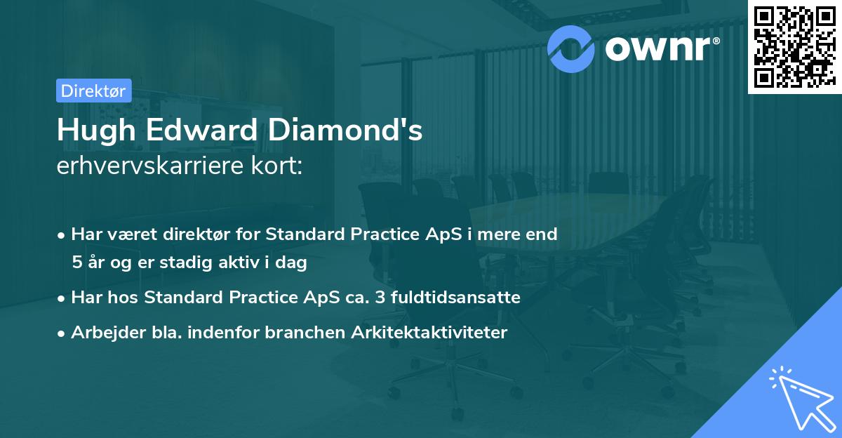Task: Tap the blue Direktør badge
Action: tap(93, 91)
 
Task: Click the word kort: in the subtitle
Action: tap(278, 168)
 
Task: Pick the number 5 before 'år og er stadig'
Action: tap(76, 263)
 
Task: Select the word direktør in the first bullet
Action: tap(194, 234)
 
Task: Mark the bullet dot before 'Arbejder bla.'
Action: tap(62, 333)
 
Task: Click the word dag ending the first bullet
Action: tap(293, 263)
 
